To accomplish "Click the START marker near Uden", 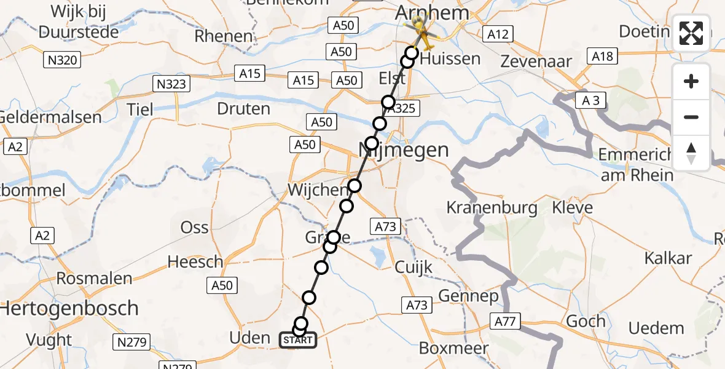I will point(298,340).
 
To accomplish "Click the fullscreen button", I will point(691,33).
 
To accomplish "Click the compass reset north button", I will point(691,153).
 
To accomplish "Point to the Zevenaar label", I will point(536,61).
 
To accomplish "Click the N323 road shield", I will point(171,84).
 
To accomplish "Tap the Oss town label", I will point(195,227).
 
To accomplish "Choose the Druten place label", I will point(243,109).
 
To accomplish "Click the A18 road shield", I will point(602,57).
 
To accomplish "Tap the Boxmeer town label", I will point(453,348).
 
